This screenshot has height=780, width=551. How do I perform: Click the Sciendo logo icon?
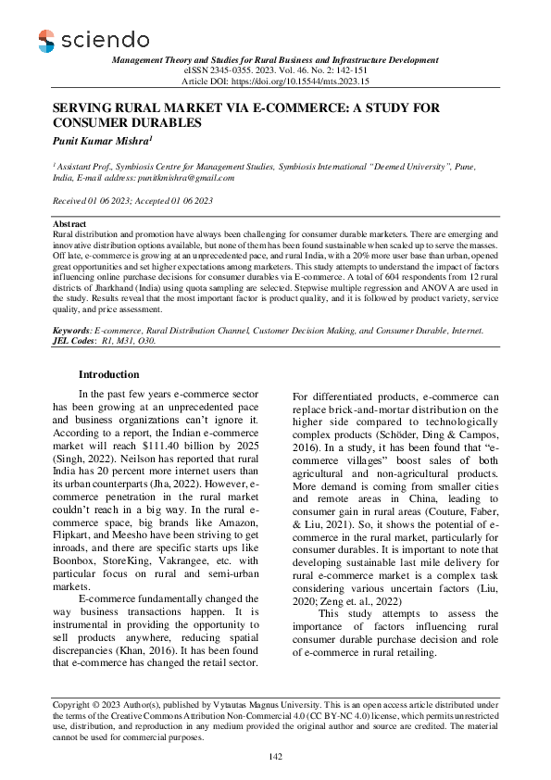click(46, 40)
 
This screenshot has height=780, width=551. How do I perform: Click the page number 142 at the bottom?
click(274, 758)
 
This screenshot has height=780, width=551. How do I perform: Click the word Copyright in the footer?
click(73, 705)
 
